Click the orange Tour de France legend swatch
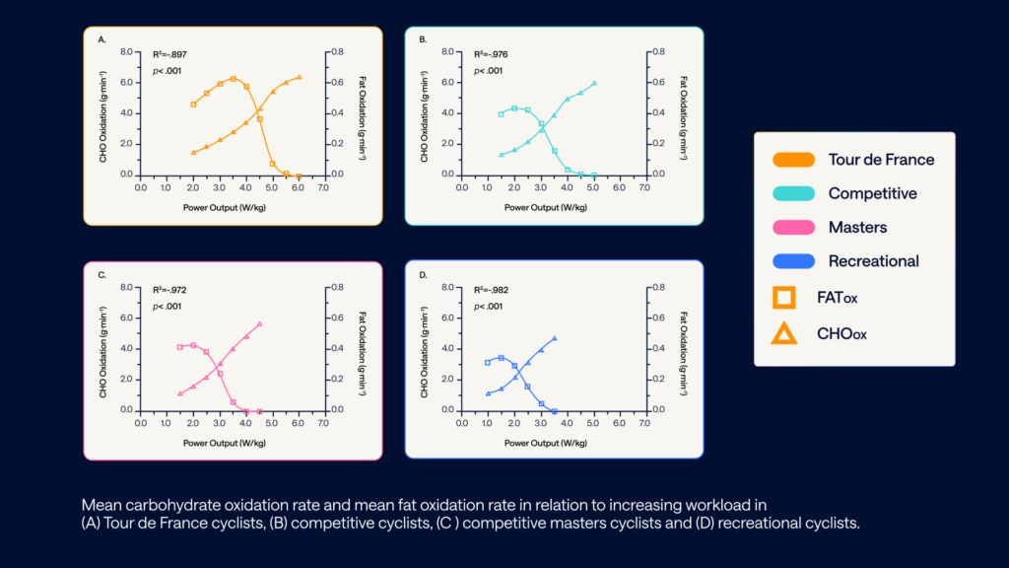793,160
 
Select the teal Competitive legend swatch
793,193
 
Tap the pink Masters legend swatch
793,227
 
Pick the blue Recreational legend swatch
793,261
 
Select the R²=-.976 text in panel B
492,55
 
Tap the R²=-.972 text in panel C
171,291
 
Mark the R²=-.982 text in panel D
492,291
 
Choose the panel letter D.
423,275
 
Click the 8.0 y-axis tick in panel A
126,51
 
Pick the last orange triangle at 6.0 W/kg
300,76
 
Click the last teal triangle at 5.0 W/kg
594,83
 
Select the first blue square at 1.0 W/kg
488,362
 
